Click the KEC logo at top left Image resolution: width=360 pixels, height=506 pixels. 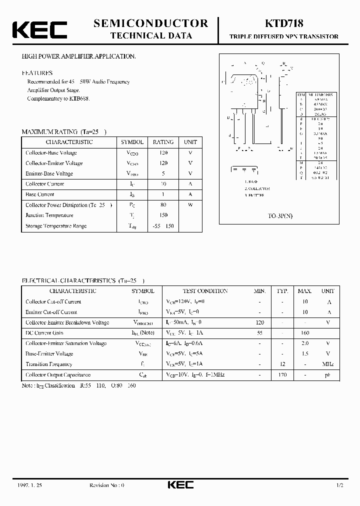click(x=39, y=30)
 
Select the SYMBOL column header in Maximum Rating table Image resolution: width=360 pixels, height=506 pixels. click(x=132, y=142)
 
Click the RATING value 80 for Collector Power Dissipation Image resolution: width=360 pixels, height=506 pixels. click(x=163, y=205)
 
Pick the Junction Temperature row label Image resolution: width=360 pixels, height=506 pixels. click(x=49, y=215)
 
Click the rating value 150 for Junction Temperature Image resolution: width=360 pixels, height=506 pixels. click(x=163, y=215)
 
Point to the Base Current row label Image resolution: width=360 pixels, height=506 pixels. click(x=40, y=194)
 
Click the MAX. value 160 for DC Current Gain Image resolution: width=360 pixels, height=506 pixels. click(x=304, y=333)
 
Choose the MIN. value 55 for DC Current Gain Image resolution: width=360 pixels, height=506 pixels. click(x=259, y=333)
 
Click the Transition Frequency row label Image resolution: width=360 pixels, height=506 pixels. click(x=49, y=364)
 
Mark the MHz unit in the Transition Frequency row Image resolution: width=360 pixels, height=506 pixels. click(x=328, y=364)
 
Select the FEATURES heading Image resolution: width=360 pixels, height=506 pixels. click(x=37, y=73)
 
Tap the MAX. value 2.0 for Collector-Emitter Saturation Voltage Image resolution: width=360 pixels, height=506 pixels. click(x=304, y=343)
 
